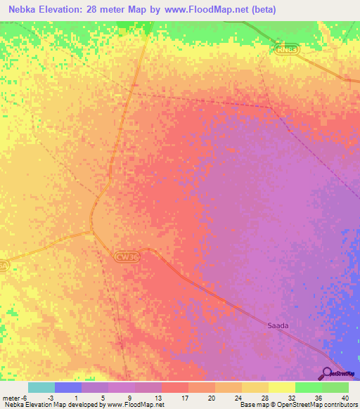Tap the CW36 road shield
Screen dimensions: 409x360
point(126,257)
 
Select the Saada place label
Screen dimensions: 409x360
point(278,325)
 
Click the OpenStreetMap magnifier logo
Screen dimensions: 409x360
point(328,373)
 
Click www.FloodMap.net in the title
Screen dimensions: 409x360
point(206,10)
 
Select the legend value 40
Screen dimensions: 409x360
point(345,397)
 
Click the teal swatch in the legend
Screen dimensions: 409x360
point(41,387)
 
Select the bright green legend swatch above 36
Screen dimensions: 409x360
point(308,387)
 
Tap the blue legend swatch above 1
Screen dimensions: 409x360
point(67,387)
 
